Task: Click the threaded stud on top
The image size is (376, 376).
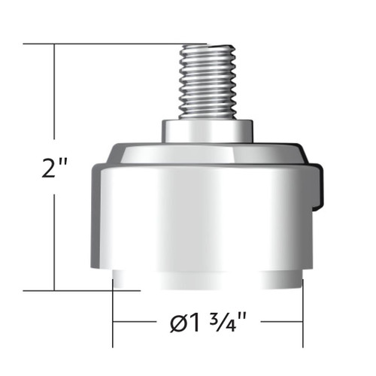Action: click(207, 83)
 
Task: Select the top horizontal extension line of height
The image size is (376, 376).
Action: click(113, 44)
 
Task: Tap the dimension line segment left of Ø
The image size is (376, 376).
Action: click(139, 323)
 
